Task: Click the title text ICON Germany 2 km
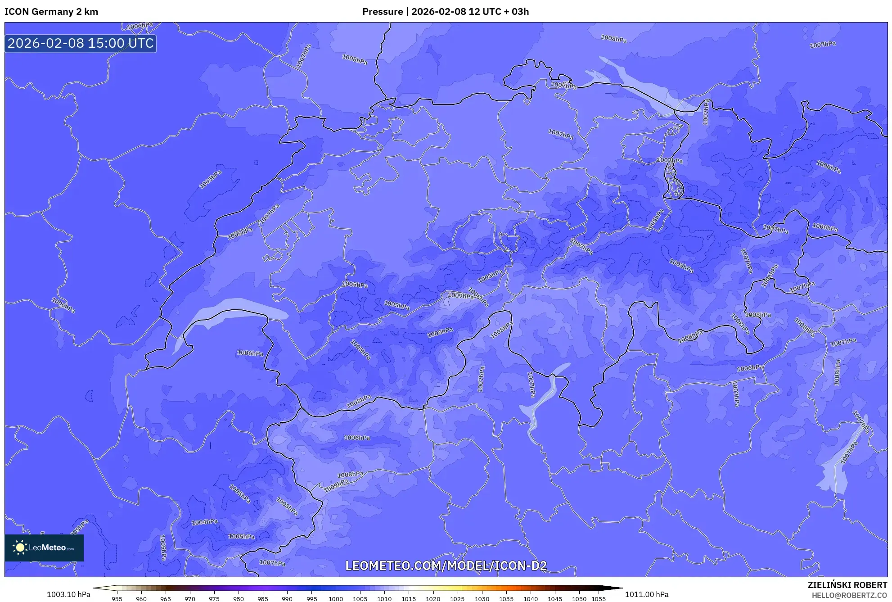51,12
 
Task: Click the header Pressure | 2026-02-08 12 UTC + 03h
445,12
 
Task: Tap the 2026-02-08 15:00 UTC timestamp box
81,43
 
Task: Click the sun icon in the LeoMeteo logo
20,548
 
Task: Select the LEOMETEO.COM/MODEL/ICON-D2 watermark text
446,566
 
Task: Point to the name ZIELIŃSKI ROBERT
847,585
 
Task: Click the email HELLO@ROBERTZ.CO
849,595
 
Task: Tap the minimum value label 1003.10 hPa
68,594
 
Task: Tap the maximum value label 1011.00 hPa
647,594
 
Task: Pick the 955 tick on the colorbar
117,599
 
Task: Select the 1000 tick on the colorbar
336,599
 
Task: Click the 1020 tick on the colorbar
433,599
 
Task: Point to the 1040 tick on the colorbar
531,599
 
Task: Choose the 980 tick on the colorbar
239,599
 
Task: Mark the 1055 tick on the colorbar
599,599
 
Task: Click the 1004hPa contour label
205,522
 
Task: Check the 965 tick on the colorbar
166,599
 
